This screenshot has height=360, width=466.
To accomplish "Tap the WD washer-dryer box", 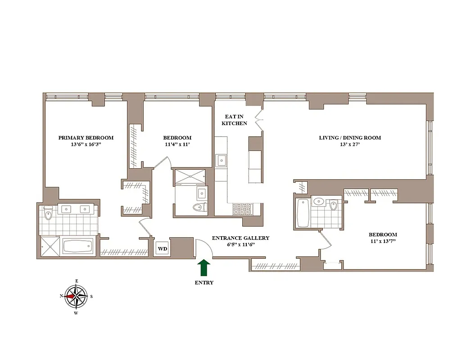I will (x=162, y=248).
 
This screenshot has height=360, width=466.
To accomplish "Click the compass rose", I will (x=76, y=296).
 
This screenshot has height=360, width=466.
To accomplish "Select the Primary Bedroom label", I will (x=86, y=138).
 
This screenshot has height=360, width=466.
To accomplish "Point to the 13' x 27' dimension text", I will (x=350, y=144).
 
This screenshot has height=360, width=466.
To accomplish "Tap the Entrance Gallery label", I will (x=240, y=238).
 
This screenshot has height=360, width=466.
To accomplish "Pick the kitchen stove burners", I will (x=243, y=209).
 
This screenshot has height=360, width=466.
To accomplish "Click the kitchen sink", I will (x=222, y=160).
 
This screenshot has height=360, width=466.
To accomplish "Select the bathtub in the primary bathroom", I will (x=78, y=247).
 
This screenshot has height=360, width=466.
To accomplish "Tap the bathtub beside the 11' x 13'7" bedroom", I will (x=302, y=213).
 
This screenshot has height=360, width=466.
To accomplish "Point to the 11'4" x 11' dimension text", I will (x=177, y=144).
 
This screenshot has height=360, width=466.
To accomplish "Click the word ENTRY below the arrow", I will (x=204, y=283).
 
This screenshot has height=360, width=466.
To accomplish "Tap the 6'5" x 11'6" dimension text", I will (x=240, y=245).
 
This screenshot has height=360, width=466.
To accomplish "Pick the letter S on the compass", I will (x=91, y=296).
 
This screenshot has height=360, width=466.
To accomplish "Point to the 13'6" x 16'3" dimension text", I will (x=86, y=144).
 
